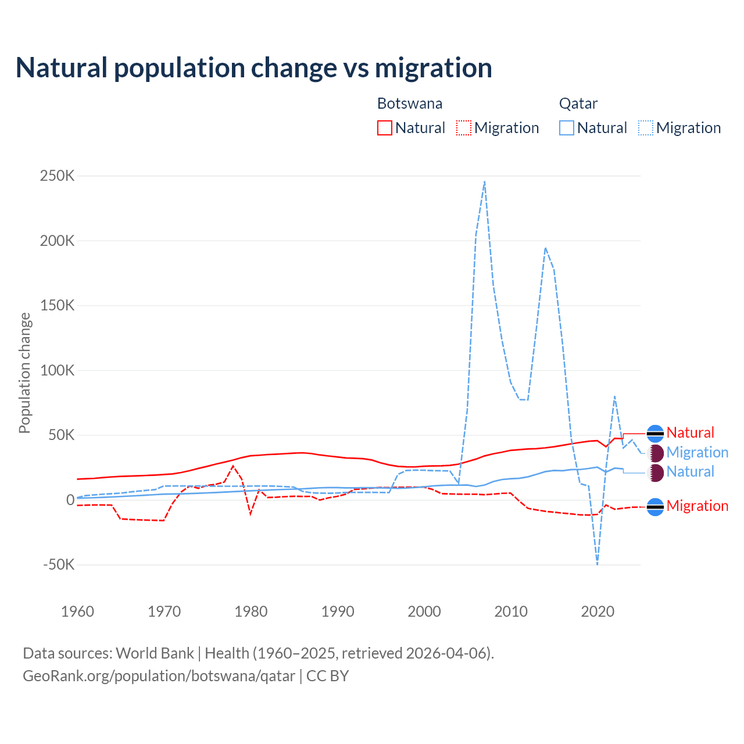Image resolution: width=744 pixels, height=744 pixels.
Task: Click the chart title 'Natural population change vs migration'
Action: point(253,67)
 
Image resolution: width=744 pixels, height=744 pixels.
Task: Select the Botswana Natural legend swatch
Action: point(385,128)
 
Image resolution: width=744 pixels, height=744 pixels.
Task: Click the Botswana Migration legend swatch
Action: point(464,128)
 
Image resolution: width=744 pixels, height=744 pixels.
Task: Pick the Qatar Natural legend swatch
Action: point(567,128)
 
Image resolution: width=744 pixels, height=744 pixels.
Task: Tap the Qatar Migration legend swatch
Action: point(646,128)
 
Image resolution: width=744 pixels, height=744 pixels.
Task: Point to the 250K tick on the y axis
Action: point(57,176)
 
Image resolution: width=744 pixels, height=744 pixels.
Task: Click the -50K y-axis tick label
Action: point(59,564)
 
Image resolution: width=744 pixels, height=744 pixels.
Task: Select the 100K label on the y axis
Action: point(57,370)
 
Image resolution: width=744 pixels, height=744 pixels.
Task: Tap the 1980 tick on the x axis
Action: point(251,611)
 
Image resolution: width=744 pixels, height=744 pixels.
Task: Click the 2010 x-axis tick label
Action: point(511,611)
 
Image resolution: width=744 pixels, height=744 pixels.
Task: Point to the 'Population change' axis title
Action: point(24,373)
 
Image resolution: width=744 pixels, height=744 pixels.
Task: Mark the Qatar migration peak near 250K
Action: point(485,181)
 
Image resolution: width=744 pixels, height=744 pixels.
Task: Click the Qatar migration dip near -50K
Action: point(597,563)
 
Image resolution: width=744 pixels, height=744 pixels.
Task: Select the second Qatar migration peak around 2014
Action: point(545,248)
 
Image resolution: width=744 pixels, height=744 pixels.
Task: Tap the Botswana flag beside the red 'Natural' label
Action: point(655,434)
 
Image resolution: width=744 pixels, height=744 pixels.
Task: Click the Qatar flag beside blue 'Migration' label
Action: point(655,453)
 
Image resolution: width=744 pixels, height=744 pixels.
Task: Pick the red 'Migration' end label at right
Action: point(697,506)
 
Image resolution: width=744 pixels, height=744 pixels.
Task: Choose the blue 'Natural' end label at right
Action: point(690,471)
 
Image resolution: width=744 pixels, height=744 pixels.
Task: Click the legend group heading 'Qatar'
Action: point(578,103)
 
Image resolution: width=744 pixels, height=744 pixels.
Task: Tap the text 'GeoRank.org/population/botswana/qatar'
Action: point(159,676)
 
